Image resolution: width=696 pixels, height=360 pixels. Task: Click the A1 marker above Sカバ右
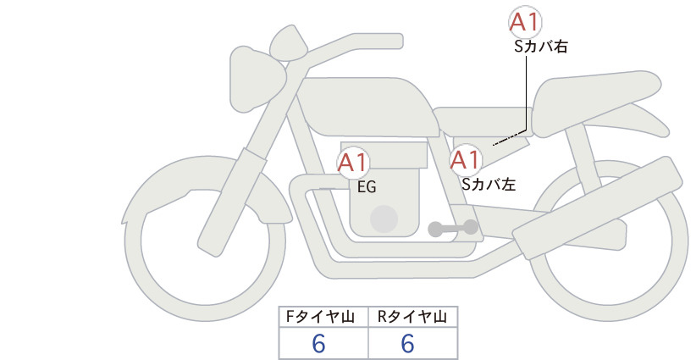pyautogui.click(x=525, y=22)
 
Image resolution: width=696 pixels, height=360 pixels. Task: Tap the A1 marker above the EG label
pyautogui.click(x=353, y=163)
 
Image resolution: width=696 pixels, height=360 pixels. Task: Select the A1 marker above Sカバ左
pyautogui.click(x=466, y=160)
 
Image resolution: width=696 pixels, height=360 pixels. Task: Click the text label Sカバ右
pyautogui.click(x=541, y=47)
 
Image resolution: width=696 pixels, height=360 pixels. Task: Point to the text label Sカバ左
pyautogui.click(x=489, y=184)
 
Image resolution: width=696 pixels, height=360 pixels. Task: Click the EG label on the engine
pyautogui.click(x=367, y=187)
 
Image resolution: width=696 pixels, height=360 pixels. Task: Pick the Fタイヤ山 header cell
pyautogui.click(x=323, y=317)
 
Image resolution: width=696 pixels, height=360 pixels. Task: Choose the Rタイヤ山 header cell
pyautogui.click(x=413, y=317)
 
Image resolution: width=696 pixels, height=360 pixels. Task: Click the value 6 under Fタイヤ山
pyautogui.click(x=318, y=343)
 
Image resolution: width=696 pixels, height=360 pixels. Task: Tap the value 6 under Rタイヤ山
pyautogui.click(x=407, y=343)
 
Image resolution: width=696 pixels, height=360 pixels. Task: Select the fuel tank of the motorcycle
pyautogui.click(x=368, y=107)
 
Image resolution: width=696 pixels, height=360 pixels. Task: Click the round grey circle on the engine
pyautogui.click(x=384, y=219)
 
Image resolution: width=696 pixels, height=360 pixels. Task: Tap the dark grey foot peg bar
pyautogui.click(x=453, y=229)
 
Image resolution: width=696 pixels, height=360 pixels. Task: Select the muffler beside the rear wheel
pyautogui.click(x=597, y=208)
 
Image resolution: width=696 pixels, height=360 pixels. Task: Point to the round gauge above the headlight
pyautogui.click(x=289, y=44)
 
